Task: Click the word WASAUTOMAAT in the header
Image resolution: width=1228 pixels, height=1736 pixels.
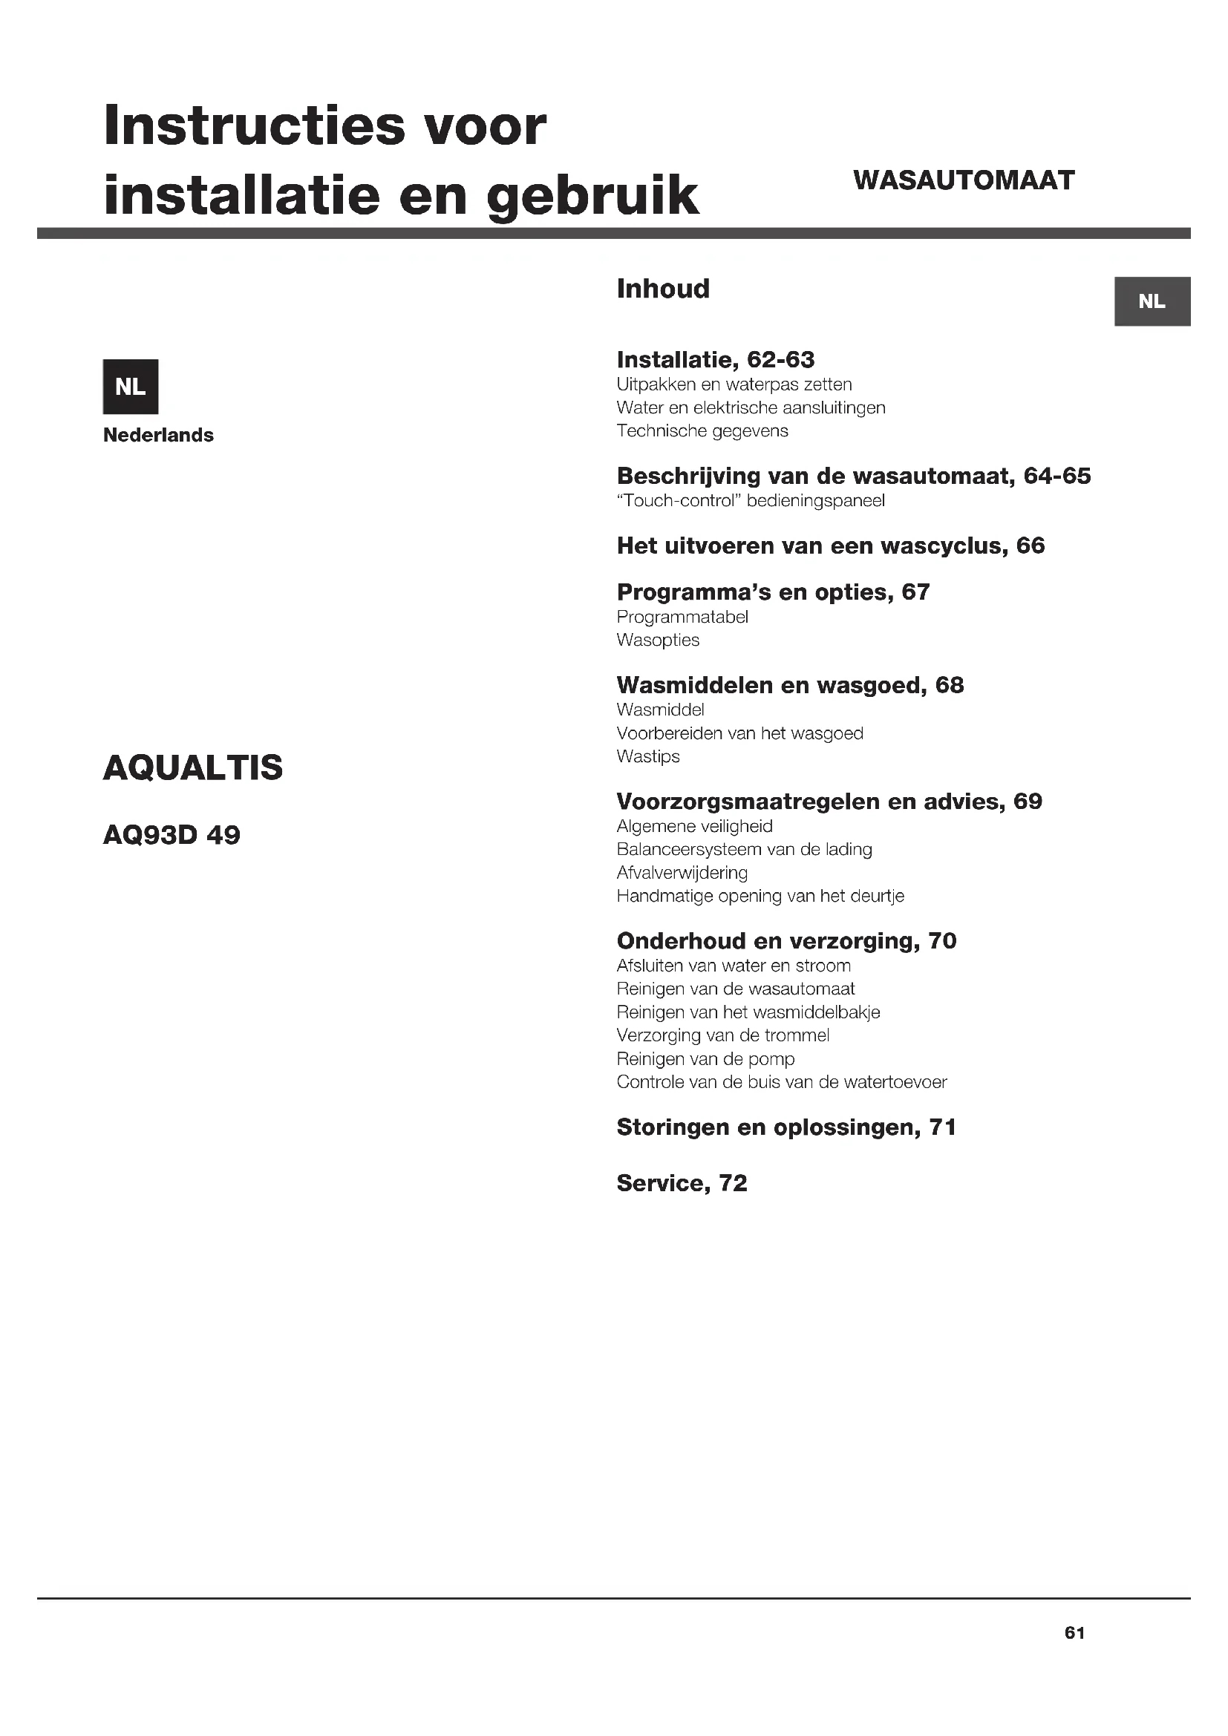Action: point(964,180)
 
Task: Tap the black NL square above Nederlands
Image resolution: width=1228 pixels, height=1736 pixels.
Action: point(130,387)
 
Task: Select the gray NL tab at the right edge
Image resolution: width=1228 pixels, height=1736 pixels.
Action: point(1152,301)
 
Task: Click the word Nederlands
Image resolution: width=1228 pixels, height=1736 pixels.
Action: point(158,436)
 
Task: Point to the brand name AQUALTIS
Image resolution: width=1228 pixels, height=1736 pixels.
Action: point(193,768)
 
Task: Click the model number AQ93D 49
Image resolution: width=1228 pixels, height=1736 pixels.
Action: point(172,836)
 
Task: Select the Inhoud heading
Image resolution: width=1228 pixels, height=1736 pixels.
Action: point(663,289)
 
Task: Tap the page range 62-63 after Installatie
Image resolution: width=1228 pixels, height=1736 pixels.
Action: point(780,360)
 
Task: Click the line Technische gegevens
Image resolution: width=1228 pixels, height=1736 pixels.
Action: point(702,431)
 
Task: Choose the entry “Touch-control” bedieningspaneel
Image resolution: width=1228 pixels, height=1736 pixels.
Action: point(751,500)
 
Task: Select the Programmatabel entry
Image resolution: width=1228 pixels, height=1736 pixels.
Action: point(682,617)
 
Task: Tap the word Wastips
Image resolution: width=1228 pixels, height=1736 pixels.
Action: point(648,757)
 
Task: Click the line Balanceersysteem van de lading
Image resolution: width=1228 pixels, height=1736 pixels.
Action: point(744,850)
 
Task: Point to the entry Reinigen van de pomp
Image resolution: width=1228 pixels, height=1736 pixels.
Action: point(705,1059)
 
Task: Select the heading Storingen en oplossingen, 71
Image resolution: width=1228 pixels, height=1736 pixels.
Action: point(786,1127)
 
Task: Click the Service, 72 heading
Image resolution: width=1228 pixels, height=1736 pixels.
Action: point(682,1183)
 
